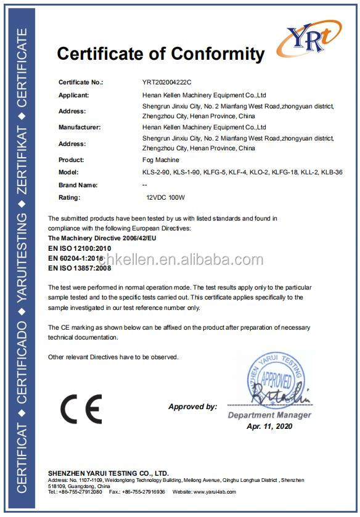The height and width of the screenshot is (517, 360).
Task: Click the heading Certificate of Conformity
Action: point(160,54)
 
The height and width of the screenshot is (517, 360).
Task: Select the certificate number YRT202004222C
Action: point(168,82)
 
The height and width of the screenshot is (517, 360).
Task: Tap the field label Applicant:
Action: point(73,96)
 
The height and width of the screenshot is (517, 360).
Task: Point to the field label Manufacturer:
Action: point(79,127)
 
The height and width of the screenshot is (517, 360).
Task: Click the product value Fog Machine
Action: point(160,160)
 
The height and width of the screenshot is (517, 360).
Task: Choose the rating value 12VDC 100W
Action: point(163,197)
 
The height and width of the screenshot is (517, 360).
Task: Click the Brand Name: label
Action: point(78,185)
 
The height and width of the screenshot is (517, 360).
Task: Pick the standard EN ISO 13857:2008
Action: point(80,268)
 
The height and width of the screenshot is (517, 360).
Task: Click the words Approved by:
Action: point(192,407)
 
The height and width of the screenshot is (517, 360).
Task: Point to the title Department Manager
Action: point(269,415)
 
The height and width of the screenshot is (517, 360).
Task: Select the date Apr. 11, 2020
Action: point(269,426)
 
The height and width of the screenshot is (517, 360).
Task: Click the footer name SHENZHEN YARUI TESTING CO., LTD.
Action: point(108,473)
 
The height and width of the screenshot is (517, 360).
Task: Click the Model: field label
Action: point(68,173)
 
